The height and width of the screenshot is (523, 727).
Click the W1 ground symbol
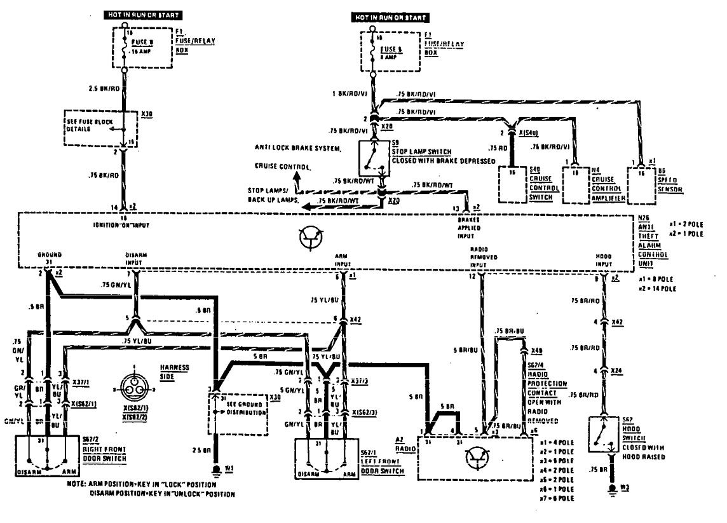point(216,470)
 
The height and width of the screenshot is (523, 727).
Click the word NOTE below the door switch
point(76,484)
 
